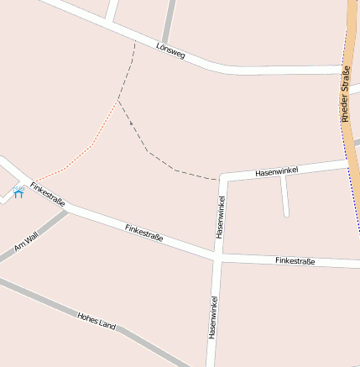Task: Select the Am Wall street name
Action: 26,243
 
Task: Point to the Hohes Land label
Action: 96,320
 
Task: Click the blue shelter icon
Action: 18,194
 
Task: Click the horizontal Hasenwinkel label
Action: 277,170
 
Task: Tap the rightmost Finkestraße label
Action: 295,261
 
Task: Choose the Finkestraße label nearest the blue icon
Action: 47,195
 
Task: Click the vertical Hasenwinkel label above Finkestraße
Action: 220,217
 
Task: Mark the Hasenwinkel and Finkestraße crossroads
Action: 217,256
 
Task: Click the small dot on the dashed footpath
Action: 132,123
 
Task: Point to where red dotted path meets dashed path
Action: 118,101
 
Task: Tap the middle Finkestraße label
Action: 143,233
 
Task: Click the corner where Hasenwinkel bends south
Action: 222,178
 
